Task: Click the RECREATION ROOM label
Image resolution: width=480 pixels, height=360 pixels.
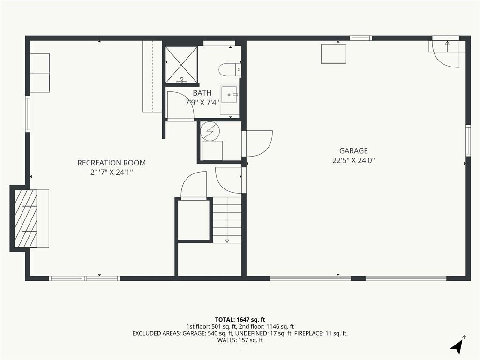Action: tap(112, 163)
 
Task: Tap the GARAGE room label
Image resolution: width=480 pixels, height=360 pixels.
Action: tap(353, 150)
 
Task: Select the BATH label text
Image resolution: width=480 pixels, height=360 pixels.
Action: tap(202, 93)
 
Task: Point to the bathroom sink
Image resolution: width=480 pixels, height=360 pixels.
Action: tap(229, 95)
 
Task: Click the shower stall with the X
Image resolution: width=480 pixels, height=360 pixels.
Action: tap(181, 65)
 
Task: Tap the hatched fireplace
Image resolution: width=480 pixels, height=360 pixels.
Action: tap(26, 218)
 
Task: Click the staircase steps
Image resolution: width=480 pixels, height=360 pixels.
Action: tap(227, 220)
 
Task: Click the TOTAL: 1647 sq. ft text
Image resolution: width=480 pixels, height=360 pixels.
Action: tap(240, 320)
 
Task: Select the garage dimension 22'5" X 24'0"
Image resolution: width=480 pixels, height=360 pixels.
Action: tap(353, 160)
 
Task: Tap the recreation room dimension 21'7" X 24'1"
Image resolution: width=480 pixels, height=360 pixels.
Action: tap(112, 172)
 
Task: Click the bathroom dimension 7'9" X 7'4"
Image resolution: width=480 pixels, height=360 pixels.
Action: tap(202, 103)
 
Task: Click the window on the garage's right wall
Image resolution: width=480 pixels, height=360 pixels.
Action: tap(468, 140)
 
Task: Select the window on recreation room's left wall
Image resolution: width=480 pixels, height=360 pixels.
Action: tap(28, 114)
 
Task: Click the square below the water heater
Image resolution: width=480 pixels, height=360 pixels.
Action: tap(213, 150)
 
